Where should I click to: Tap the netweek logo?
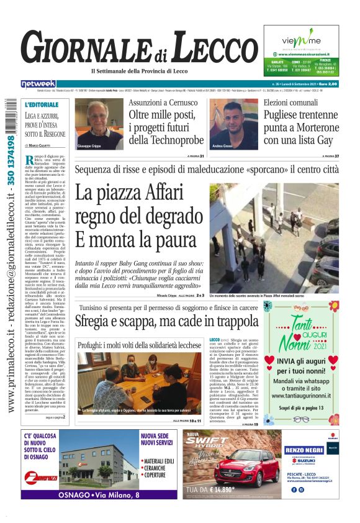[x=38, y=84]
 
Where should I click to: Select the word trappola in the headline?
[x=229, y=322]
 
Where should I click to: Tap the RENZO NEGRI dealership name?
[x=305, y=450]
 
